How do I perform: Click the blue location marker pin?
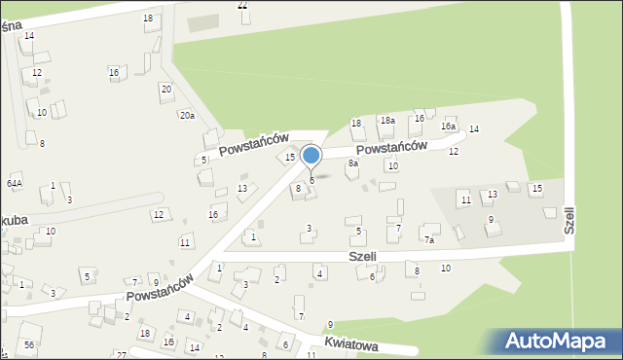[x=311, y=156]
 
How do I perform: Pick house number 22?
[x=242, y=5]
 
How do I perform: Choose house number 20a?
[x=186, y=116]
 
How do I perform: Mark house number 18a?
[x=386, y=120]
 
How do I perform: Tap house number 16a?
[x=448, y=126]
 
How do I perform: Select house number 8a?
[x=353, y=163]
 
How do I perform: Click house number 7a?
[x=428, y=239]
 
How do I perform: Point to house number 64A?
[x=14, y=183]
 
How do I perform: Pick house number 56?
[x=29, y=345]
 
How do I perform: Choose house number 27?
[x=121, y=355]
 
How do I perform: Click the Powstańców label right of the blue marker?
[x=391, y=147]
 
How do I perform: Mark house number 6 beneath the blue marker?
[x=311, y=180]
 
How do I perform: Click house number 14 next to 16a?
[x=474, y=129]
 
